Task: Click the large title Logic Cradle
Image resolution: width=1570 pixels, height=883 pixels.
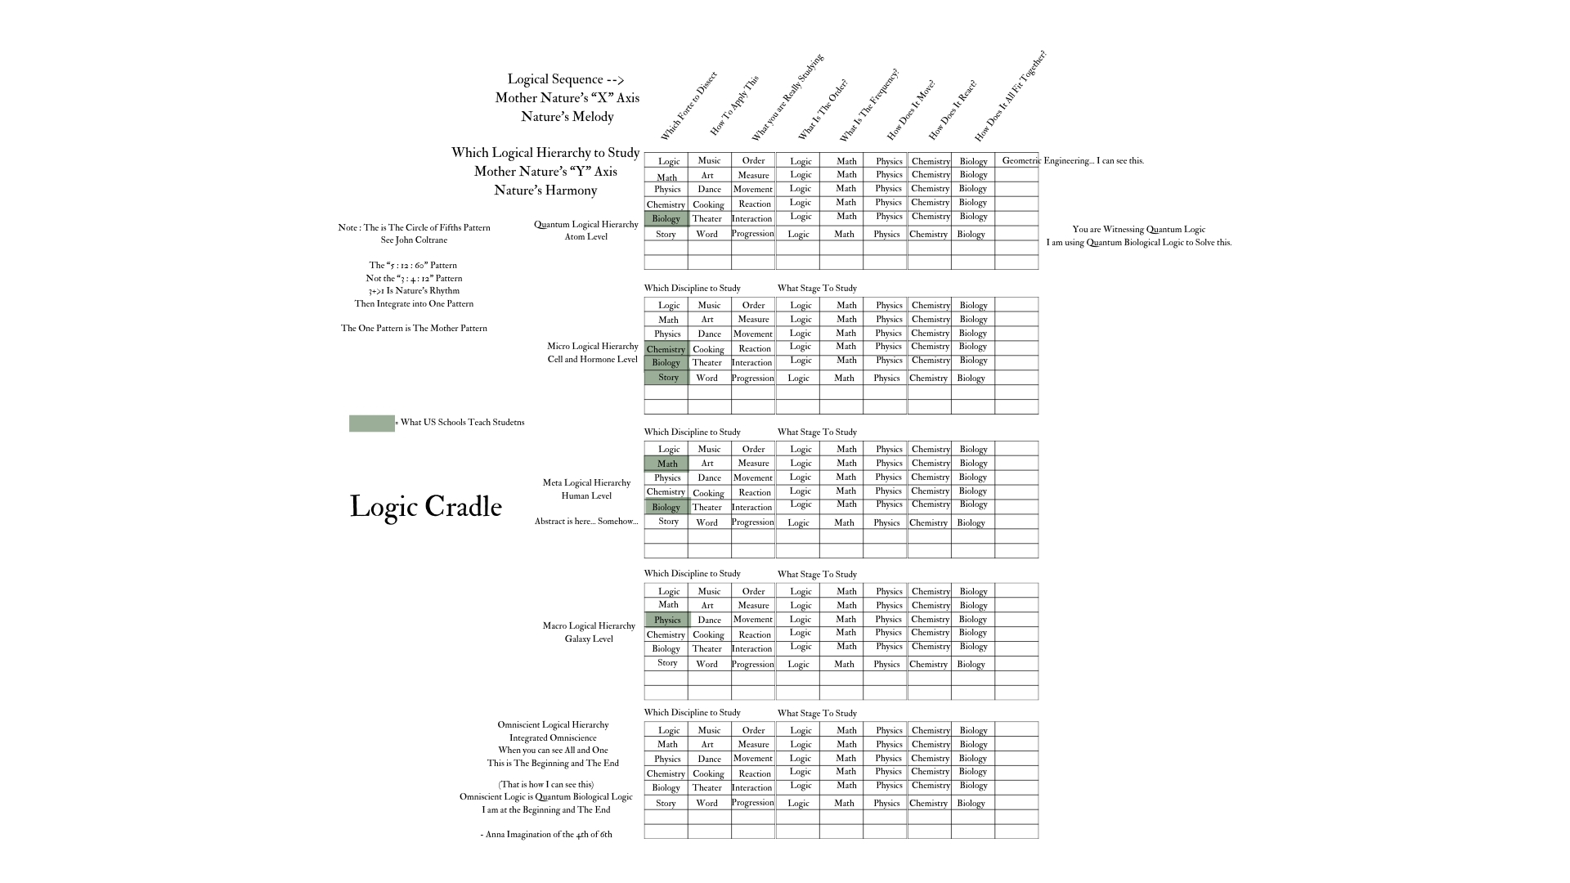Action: tap(425, 507)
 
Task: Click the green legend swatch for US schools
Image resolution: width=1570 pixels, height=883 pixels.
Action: tap(371, 423)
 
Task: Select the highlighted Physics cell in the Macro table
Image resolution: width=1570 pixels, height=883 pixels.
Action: tap(667, 620)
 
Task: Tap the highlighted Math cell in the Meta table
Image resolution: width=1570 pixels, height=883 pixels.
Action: tap(667, 464)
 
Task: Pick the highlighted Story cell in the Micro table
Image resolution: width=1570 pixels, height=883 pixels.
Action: tap(667, 378)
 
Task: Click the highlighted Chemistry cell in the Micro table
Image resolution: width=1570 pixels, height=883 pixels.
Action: tap(666, 349)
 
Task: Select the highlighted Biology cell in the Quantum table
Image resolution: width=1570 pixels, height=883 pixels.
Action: tap(666, 218)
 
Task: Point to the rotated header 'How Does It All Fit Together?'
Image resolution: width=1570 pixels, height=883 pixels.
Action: tap(1010, 96)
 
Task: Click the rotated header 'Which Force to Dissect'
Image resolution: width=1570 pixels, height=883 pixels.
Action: tap(689, 106)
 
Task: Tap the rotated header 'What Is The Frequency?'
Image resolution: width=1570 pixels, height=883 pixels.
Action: tap(868, 105)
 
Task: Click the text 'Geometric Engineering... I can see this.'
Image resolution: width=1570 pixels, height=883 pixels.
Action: tap(1073, 161)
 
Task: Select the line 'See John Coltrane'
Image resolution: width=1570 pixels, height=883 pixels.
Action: tap(414, 240)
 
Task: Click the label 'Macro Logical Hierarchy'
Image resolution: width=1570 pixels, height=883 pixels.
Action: tap(589, 626)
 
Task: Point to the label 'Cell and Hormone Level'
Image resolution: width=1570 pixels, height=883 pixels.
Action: tap(592, 360)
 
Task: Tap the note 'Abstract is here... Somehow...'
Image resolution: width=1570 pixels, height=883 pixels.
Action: tap(585, 522)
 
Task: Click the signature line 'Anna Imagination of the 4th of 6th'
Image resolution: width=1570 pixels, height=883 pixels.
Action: tap(546, 835)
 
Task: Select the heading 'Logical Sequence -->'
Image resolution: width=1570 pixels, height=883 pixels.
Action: tap(565, 79)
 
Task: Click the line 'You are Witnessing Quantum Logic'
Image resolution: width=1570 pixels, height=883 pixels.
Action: tap(1138, 230)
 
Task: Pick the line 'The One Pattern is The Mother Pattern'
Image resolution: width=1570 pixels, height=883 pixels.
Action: tap(414, 329)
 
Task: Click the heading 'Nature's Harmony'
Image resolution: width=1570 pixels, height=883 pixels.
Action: tap(545, 190)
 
